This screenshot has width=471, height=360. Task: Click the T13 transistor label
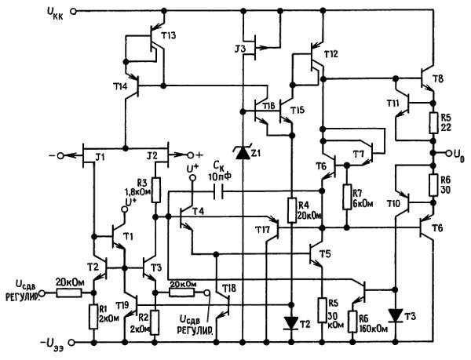pos(167,36)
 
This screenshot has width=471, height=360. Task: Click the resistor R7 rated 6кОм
pos(346,198)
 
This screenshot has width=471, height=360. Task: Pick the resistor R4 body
pos(291,210)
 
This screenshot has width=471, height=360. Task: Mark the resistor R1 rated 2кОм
pos(94,314)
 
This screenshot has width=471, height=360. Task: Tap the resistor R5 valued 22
pos(433,122)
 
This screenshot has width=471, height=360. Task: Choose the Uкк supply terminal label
pos(58,12)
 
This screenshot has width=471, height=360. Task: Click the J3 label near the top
pos(240,49)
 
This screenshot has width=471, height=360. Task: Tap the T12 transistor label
pos(330,54)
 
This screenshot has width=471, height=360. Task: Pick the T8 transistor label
pos(436,79)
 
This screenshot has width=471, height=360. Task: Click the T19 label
pos(122,303)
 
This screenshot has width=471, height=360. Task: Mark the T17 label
pos(262,229)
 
